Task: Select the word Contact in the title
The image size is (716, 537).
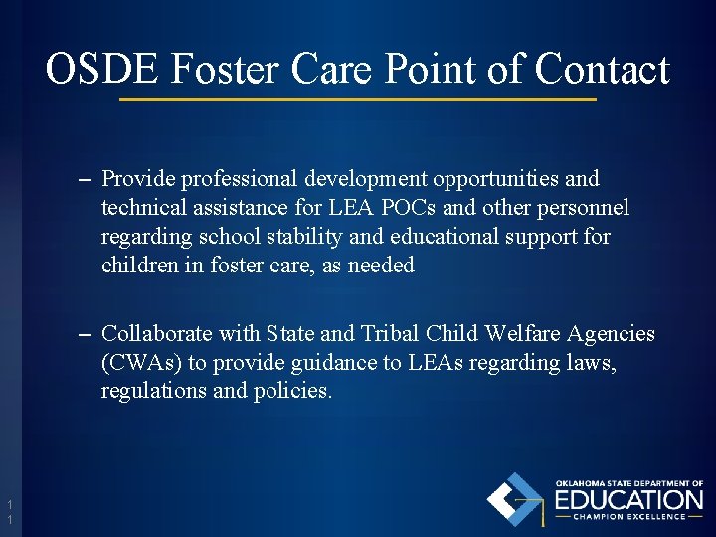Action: (602, 69)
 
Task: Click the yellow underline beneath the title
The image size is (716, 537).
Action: (358, 100)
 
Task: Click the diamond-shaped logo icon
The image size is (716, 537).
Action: (515, 498)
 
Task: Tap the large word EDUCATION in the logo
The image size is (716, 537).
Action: (628, 498)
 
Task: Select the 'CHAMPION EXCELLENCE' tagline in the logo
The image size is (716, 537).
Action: (628, 516)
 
